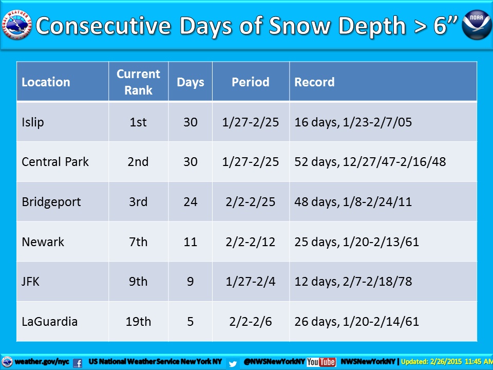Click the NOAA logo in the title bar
(477, 25)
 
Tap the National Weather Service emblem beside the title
(17, 25)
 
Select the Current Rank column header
(138, 82)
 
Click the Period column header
(251, 82)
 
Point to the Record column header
(314, 82)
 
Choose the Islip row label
(33, 122)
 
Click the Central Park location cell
(55, 162)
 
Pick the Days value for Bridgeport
(190, 201)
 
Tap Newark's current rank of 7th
(138, 242)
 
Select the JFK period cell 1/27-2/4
(251, 282)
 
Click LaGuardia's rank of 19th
(138, 322)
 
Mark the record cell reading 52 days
(370, 162)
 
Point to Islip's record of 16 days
(353, 122)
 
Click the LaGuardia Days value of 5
(190, 322)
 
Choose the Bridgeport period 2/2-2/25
(251, 201)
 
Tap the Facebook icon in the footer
(78, 363)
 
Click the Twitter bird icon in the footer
(233, 364)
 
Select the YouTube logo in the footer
(321, 362)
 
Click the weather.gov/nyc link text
(42, 362)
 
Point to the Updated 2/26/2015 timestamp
(447, 362)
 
